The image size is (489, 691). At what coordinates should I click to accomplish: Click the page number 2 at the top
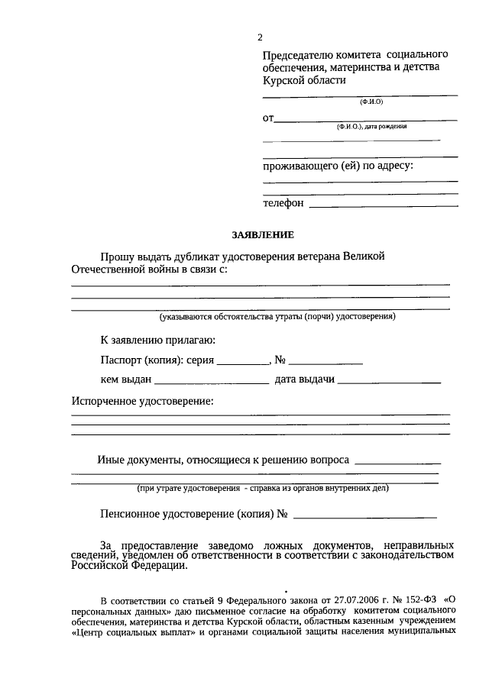[x=261, y=37]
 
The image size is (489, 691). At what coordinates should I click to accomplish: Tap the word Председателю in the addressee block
[x=297, y=56]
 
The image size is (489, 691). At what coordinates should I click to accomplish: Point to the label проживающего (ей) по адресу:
[x=337, y=165]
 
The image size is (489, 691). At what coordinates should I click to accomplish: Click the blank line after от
[x=365, y=120]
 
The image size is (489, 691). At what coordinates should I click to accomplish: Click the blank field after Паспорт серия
[x=243, y=363]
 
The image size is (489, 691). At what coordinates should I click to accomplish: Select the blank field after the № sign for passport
[x=325, y=363]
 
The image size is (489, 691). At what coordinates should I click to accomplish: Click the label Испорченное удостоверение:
[x=142, y=401]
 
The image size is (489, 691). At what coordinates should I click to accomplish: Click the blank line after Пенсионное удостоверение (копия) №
[x=365, y=517]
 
